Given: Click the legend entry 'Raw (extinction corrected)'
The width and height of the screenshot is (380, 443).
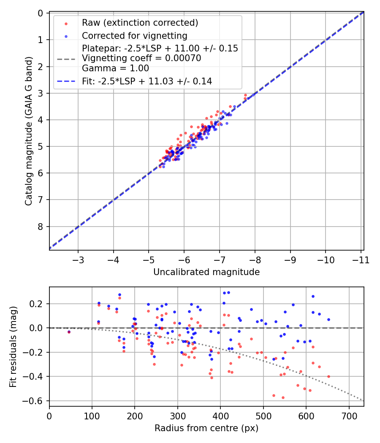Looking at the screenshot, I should click(140, 23).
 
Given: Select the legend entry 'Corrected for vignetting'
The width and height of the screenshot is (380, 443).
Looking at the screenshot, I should click(134, 35).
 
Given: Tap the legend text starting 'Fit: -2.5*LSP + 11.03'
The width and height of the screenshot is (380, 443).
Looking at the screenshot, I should click(147, 81).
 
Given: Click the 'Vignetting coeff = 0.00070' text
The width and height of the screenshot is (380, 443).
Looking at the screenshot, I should click(141, 58).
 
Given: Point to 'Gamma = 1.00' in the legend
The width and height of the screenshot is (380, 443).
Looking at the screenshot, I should click(115, 68).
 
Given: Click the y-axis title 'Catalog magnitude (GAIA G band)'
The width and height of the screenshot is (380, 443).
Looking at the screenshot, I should click(28, 131).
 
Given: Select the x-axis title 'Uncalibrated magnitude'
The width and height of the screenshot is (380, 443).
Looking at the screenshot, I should click(206, 272).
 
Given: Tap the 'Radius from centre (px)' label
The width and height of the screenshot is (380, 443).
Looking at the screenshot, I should click(206, 428).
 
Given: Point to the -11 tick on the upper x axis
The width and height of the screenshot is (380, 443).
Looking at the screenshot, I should click(361, 259).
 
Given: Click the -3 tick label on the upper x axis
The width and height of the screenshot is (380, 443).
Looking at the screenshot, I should click(78, 259).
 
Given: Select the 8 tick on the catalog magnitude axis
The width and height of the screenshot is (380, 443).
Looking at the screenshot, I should click(41, 227).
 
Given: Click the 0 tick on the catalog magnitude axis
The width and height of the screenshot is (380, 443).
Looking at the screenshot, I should click(41, 14).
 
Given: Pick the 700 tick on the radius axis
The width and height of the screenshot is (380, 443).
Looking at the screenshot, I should click(349, 416).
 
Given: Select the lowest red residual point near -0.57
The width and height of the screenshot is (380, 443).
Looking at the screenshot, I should click(283, 397).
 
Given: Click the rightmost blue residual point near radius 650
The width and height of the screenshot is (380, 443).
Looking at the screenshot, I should click(328, 319).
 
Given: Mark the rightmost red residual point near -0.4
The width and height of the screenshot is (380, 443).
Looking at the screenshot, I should click(328, 376).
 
